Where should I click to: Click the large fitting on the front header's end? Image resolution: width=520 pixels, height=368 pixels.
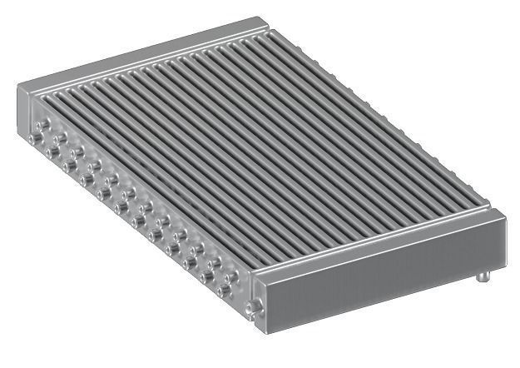[253, 308]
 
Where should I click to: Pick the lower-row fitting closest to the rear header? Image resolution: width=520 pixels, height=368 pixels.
[35, 138]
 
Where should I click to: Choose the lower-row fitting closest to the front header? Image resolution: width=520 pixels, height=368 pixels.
[223, 291]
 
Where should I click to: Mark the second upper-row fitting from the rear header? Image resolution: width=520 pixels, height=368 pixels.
[61, 137]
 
